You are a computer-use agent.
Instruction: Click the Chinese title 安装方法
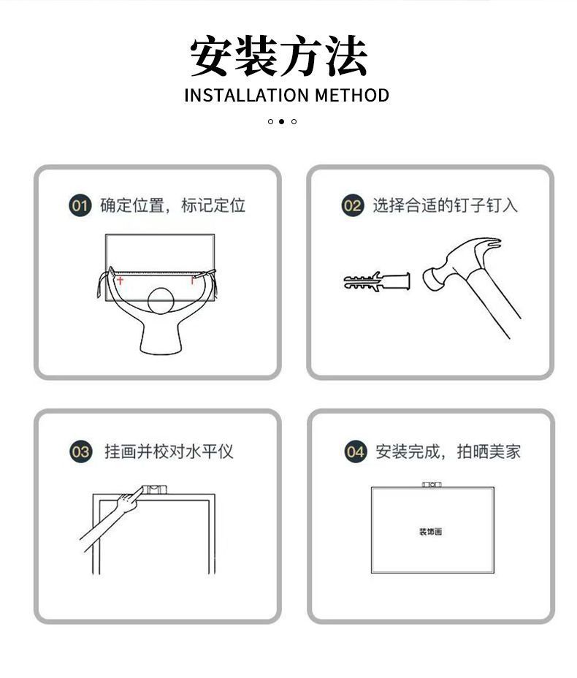point(278,56)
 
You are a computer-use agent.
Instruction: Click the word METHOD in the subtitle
point(352,96)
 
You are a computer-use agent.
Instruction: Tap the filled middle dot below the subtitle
point(281,121)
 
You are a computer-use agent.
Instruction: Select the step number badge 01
point(80,205)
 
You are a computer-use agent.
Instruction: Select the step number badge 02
point(352,205)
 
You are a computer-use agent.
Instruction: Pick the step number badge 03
point(80,452)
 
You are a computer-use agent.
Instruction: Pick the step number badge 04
point(355,452)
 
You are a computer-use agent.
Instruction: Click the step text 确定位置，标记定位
point(172,205)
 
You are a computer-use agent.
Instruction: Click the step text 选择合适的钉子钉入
point(445,205)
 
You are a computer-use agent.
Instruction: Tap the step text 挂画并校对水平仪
point(169,452)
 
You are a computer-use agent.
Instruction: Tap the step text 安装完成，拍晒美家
point(448,452)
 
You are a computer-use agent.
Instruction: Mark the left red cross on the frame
point(121,281)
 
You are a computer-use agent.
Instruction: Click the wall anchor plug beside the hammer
point(376,281)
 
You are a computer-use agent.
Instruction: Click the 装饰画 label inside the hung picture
point(430,531)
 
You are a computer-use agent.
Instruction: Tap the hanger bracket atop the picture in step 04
point(432,484)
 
